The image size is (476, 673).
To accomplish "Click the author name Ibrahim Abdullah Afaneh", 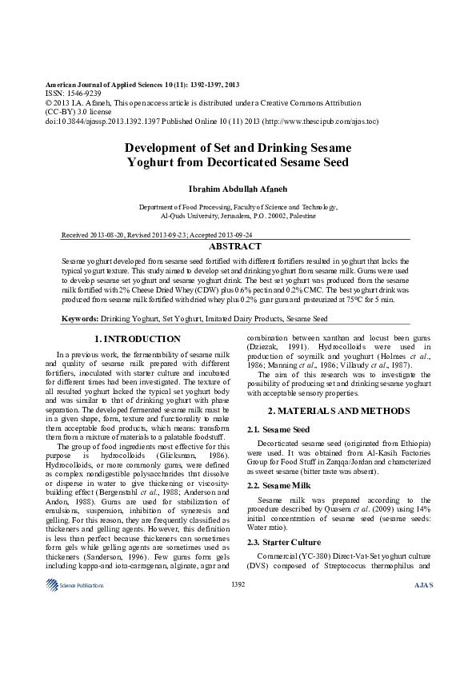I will (x=237, y=189).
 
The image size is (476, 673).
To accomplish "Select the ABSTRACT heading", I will (x=237, y=247).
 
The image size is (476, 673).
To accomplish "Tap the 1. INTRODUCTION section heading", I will (x=138, y=339).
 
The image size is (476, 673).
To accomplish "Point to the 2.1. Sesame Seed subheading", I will (x=278, y=430).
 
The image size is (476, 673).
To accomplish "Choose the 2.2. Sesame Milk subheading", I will (x=278, y=485).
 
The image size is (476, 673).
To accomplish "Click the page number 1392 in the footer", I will (x=238, y=585).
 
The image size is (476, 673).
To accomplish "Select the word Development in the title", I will (x=165, y=148).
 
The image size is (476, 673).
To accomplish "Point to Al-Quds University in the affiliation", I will (x=191, y=216).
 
